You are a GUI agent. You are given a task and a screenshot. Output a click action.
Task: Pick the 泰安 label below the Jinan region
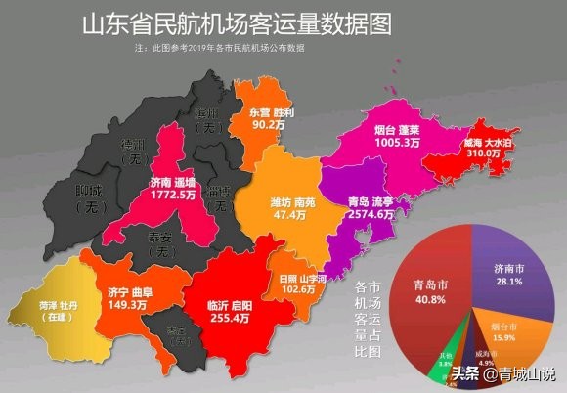159,238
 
